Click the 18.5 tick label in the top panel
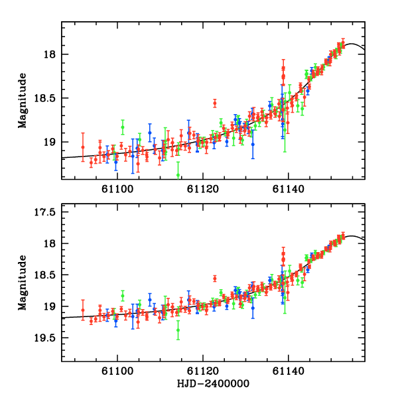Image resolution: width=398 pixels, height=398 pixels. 45,98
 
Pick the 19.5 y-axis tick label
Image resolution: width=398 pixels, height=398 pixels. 45,338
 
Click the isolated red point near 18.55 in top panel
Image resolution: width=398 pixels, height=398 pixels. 215,103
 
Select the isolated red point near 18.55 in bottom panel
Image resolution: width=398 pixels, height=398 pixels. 215,279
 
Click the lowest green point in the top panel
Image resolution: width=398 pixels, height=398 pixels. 178,175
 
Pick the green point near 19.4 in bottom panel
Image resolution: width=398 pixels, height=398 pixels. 178,330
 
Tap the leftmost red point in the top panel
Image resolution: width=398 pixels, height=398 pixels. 83,147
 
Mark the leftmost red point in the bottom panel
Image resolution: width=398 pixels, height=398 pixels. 83,310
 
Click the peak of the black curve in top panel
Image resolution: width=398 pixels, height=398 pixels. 352,44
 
